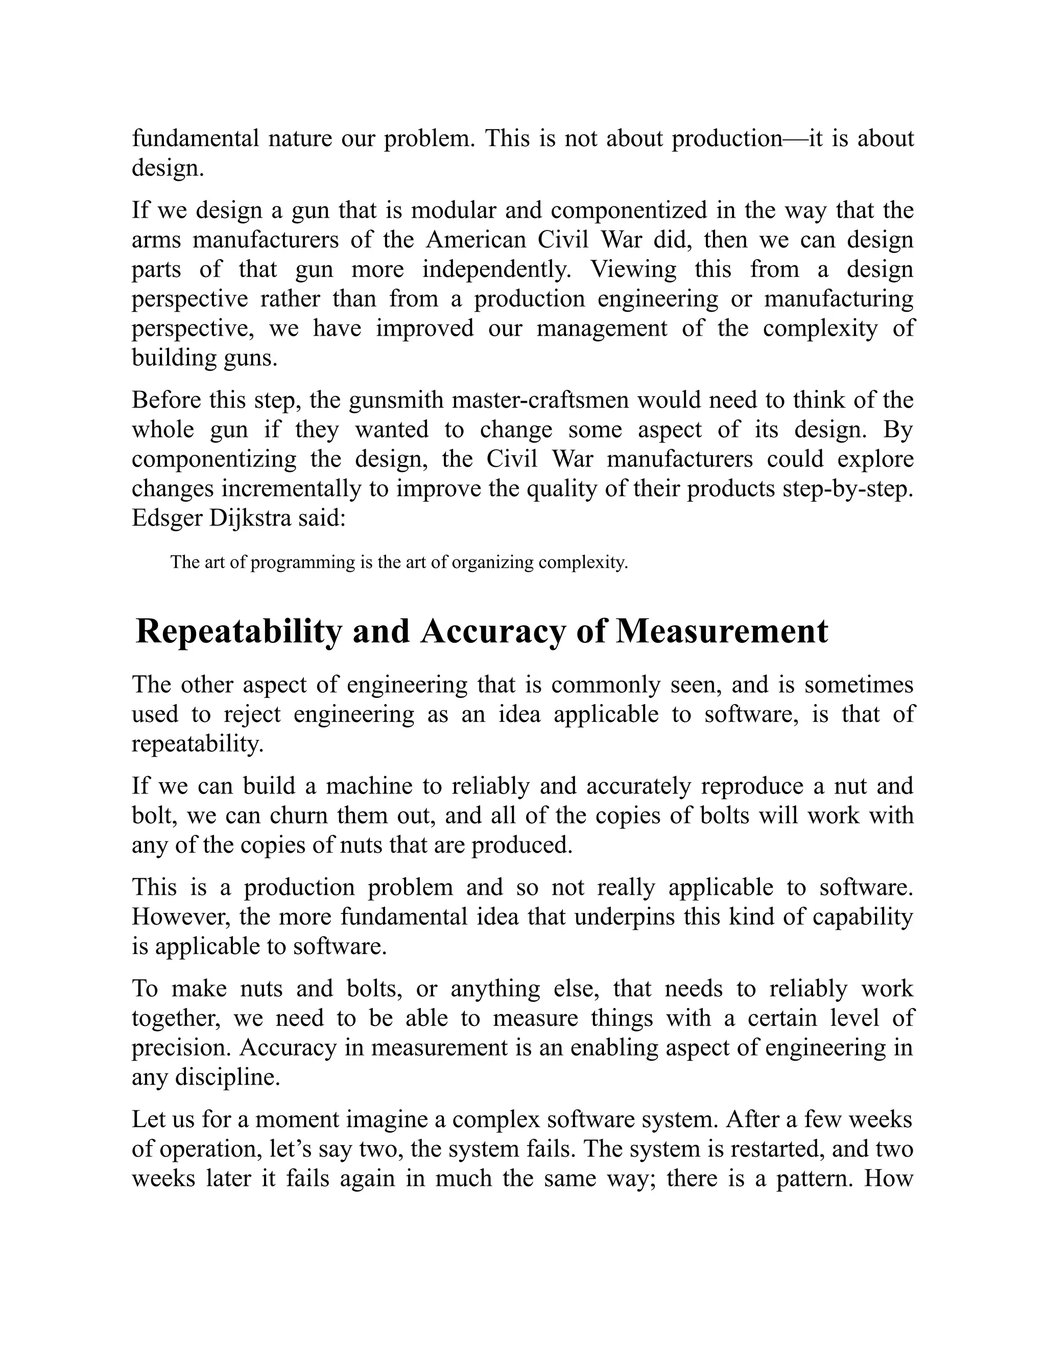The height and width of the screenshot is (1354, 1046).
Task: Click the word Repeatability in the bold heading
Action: click(239, 633)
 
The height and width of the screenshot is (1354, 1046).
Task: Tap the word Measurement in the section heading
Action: click(721, 633)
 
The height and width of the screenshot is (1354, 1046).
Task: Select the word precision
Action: click(181, 1048)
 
